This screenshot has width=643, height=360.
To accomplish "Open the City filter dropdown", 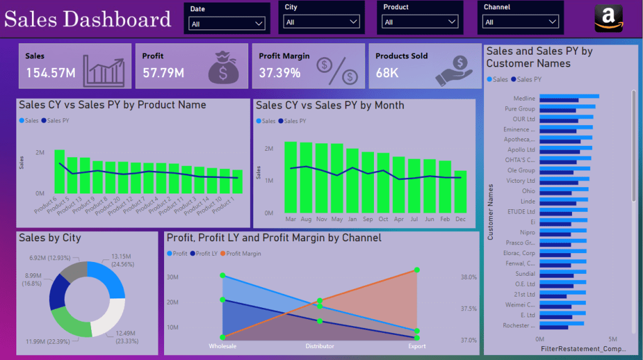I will coord(321,22).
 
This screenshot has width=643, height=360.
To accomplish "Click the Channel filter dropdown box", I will coord(520,22).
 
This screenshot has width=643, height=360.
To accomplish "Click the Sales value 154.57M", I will coord(50,73).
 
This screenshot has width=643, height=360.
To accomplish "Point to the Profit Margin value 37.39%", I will coord(280,73).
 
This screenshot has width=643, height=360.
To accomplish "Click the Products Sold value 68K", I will coord(387,73).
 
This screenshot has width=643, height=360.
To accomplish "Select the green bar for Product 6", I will coord(60,172).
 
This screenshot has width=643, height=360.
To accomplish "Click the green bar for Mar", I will coord(290,177).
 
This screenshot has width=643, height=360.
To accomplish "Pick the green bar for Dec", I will coord(461,192).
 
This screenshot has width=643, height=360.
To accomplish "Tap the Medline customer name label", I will coord(524,99).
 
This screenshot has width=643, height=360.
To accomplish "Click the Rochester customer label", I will coord(519,325).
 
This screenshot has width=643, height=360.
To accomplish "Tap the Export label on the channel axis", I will coord(417,346).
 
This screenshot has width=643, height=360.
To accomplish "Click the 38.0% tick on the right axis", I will coord(469,276).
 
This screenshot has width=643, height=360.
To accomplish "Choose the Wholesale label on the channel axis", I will coord(223,346).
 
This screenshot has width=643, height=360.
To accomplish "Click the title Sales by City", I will coord(50,238).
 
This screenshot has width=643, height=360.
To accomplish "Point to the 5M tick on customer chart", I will coord(612,339).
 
